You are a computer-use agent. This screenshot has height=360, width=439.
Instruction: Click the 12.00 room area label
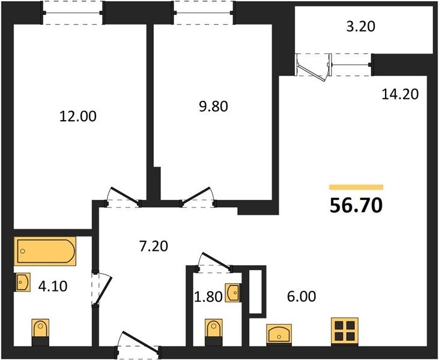pyautogui.click(x=78, y=116)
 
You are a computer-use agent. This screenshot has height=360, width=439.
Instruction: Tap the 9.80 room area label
pyautogui.click(x=213, y=107)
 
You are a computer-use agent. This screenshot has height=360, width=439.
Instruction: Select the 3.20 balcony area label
pyautogui.click(x=360, y=26)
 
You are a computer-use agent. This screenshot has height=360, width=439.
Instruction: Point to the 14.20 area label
pyautogui.click(x=400, y=94)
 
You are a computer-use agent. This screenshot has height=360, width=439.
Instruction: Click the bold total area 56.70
pyautogui.click(x=356, y=205)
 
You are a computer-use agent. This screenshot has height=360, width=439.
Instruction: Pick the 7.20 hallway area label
pyautogui.click(x=154, y=246)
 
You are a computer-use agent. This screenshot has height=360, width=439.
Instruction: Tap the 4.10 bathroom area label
pyautogui.click(x=53, y=286)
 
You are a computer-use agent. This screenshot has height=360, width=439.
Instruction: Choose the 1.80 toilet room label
pyautogui.click(x=208, y=297)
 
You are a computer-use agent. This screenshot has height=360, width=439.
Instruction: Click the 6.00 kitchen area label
pyautogui.click(x=301, y=296)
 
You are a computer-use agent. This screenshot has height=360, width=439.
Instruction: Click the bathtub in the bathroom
pyautogui.click(x=45, y=251)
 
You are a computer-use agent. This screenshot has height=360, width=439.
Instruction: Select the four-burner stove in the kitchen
pyautogui.click(x=345, y=331)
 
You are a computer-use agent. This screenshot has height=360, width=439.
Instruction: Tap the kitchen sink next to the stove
pyautogui.click(x=279, y=334)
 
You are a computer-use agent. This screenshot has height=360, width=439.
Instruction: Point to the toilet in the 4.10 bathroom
pyautogui.click(x=40, y=332)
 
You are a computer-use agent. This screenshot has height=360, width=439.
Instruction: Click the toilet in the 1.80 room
pyautogui.click(x=214, y=332)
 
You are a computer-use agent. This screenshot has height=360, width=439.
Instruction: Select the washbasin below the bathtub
pyautogui.click(x=22, y=282)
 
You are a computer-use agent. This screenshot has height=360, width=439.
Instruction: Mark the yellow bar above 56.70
pyautogui.click(x=356, y=187)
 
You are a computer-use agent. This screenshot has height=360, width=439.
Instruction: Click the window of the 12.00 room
pyautogui.click(x=73, y=13)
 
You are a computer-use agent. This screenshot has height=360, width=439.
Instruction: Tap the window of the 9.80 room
pyautogui.click(x=204, y=13)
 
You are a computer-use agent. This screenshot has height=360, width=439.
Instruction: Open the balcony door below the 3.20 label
pyautogui.click(x=313, y=66)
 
